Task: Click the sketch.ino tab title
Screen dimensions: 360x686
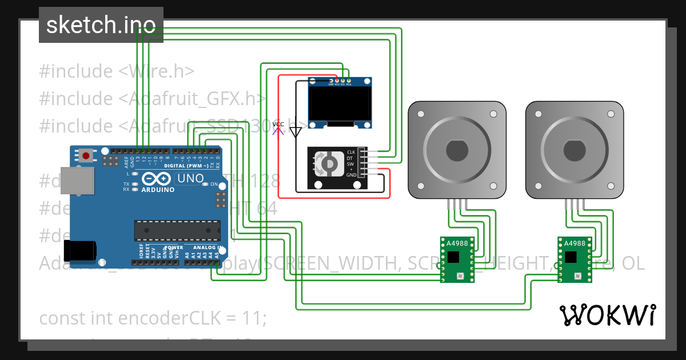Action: [x=101, y=25]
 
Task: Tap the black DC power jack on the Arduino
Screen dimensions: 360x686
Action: [x=79, y=250]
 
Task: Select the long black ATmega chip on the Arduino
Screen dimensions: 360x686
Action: [x=177, y=230]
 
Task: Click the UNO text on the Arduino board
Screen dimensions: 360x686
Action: [x=190, y=178]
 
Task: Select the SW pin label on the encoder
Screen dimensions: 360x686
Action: [x=350, y=164]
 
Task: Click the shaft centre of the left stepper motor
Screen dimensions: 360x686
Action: [x=456, y=150]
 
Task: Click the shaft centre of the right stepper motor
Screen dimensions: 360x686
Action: [x=574, y=150]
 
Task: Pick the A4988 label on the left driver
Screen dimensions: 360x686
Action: [x=457, y=243]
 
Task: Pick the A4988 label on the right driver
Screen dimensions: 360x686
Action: [x=575, y=243]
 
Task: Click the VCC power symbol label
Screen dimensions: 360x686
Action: [x=278, y=125]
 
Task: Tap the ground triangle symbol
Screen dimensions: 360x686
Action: [x=295, y=133]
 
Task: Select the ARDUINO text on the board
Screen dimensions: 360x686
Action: [x=158, y=190]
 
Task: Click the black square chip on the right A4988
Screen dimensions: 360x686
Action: [x=571, y=257]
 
